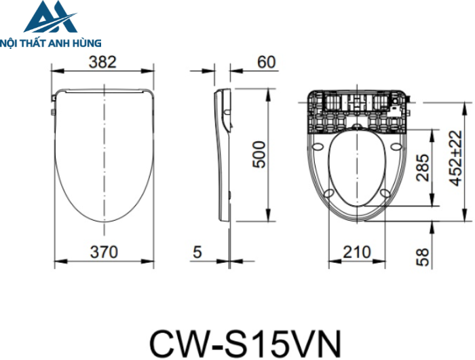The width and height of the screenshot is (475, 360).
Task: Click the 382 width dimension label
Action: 102,62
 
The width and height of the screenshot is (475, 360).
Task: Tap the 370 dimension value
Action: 104,252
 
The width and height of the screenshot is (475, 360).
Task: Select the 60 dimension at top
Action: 267,62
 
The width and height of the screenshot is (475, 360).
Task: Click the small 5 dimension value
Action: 197,252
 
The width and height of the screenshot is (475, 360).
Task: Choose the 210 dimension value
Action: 356,252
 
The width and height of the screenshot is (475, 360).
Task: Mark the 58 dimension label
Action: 422,257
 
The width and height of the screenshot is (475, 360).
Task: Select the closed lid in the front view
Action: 103,153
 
